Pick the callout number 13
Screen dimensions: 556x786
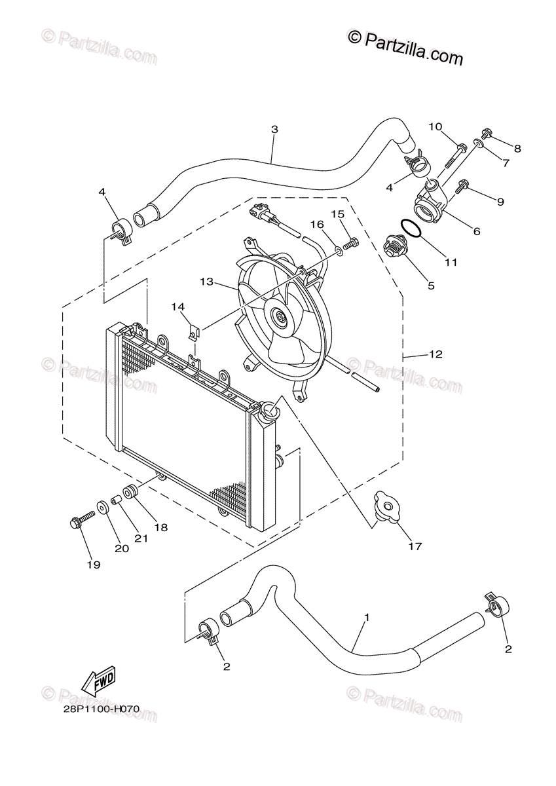coord(207,282)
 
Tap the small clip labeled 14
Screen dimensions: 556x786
coord(193,333)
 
